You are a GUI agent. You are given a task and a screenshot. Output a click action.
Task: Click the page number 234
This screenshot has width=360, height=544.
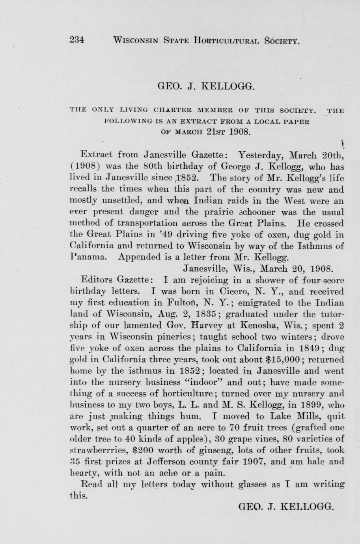(x=77, y=39)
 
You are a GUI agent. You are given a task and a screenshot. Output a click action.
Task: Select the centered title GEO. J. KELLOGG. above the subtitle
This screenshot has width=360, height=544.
(x=206, y=86)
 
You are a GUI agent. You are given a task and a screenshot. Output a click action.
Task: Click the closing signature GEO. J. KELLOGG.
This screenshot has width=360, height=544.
(x=287, y=507)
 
